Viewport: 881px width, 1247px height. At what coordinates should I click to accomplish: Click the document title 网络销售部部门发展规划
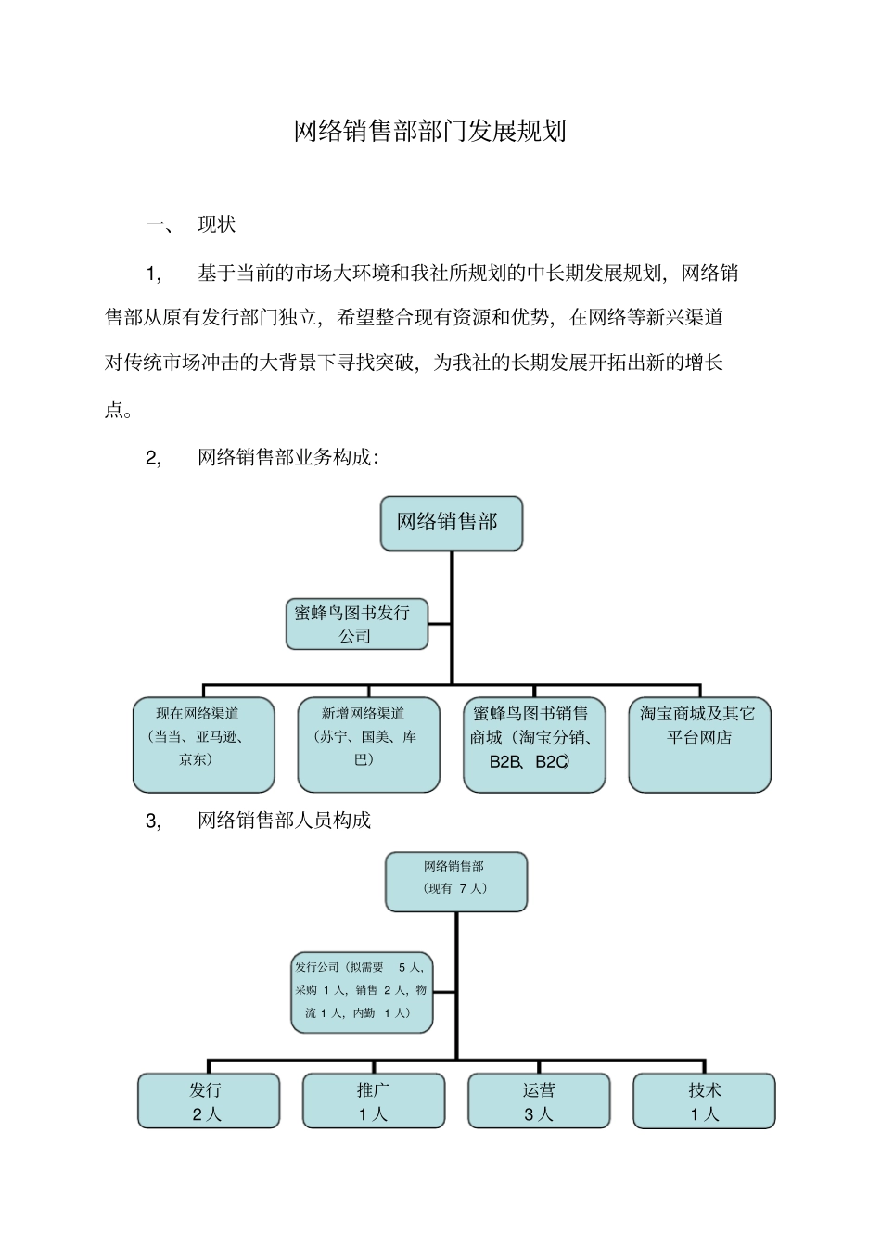coord(429,131)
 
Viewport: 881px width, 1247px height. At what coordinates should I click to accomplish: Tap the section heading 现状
coord(217,224)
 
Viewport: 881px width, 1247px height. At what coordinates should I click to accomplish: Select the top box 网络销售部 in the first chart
coord(451,523)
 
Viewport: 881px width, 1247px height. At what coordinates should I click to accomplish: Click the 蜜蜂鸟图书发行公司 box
coord(356,624)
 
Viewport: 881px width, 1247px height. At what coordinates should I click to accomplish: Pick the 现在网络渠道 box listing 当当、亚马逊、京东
coord(203,744)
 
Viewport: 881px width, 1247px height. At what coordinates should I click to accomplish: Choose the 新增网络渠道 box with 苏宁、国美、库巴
coord(368,744)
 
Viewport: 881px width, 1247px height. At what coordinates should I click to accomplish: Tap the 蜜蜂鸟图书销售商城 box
coord(533,744)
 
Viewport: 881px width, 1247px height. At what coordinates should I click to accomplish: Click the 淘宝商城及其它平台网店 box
coord(699,744)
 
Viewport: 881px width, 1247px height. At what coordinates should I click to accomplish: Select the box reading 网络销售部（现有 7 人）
coord(455,882)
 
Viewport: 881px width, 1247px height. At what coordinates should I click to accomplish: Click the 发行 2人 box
coord(208,1101)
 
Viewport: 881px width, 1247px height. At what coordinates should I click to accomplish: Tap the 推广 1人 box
coord(373,1101)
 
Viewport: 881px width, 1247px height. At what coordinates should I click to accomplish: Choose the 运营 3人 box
coord(539,1101)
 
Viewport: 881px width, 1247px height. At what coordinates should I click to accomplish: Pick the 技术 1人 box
coord(704,1101)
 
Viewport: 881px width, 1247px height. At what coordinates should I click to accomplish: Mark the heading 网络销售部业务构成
coord(284,457)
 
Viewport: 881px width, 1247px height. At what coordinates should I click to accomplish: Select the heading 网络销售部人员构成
coord(284,821)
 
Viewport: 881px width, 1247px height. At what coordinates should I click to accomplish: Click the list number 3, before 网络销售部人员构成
coord(153,821)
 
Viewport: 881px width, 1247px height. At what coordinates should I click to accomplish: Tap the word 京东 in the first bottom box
coord(195,759)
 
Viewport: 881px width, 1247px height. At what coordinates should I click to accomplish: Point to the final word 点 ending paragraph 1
coord(115,409)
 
